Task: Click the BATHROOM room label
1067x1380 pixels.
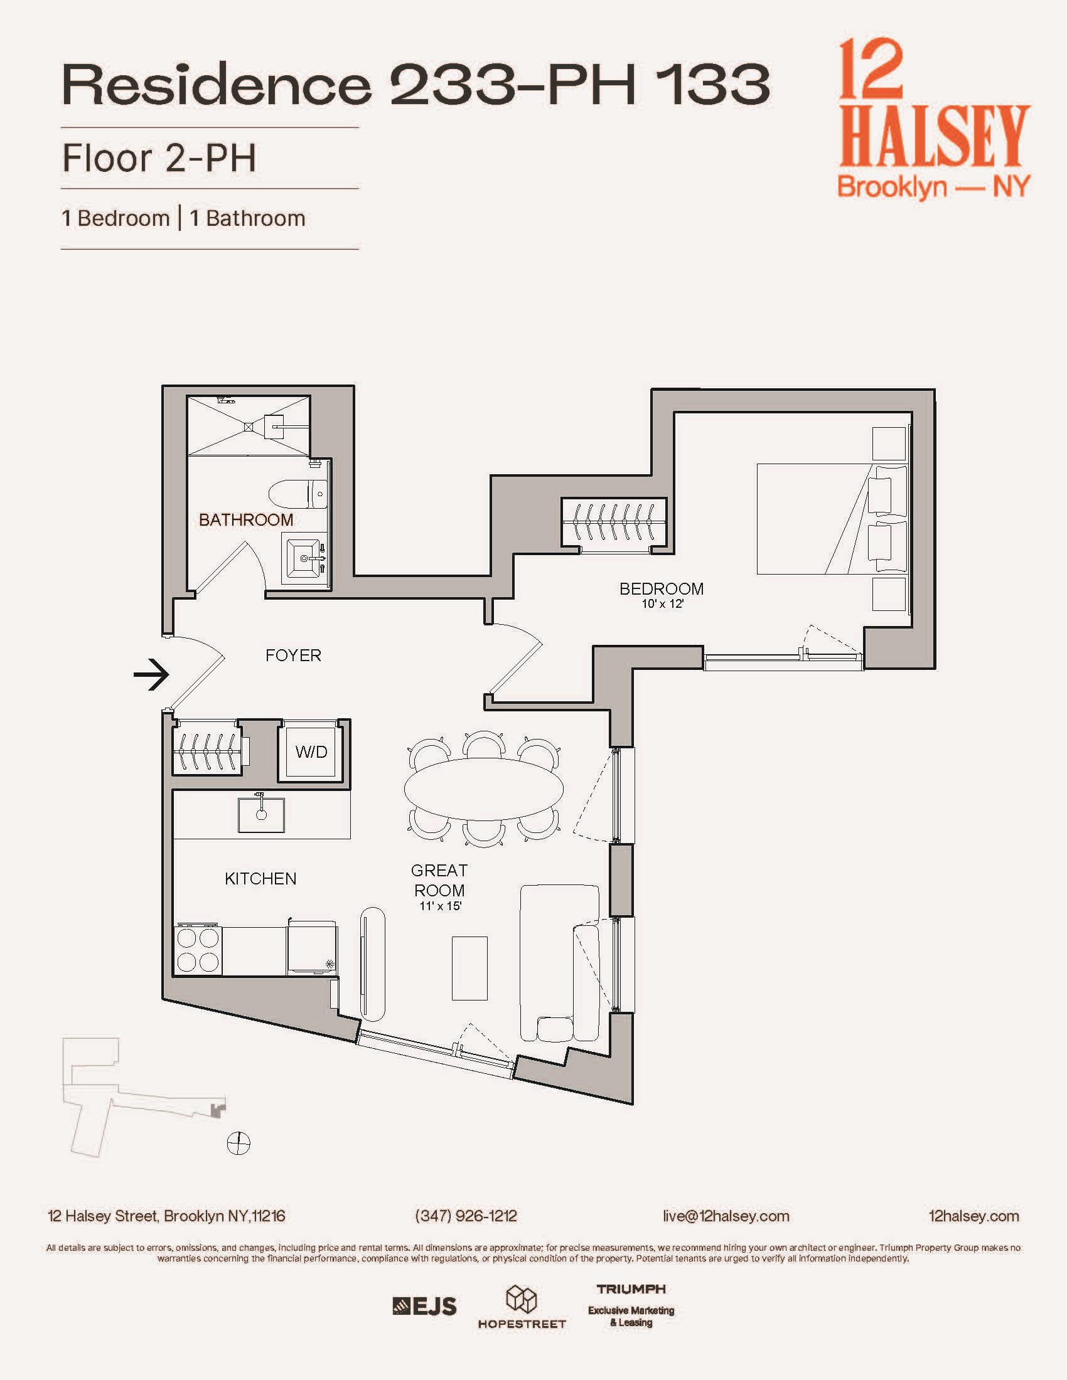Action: coord(246,520)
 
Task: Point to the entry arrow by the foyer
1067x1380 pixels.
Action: coord(152,674)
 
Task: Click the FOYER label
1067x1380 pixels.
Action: coord(293,655)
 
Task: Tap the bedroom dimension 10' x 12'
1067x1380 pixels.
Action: coord(662,604)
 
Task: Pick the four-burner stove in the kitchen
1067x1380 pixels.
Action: coord(198,950)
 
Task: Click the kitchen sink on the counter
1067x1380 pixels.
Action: coord(261,815)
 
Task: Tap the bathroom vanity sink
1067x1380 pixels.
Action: coord(304,557)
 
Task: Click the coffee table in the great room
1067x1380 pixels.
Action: coord(469,968)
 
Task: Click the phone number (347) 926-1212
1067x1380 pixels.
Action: coord(466,1216)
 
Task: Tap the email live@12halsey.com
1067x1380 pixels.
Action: coord(726,1216)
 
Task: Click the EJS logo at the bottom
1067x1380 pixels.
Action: coord(424,1305)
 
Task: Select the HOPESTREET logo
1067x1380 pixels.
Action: coord(522,1308)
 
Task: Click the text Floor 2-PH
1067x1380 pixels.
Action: coord(159,158)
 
